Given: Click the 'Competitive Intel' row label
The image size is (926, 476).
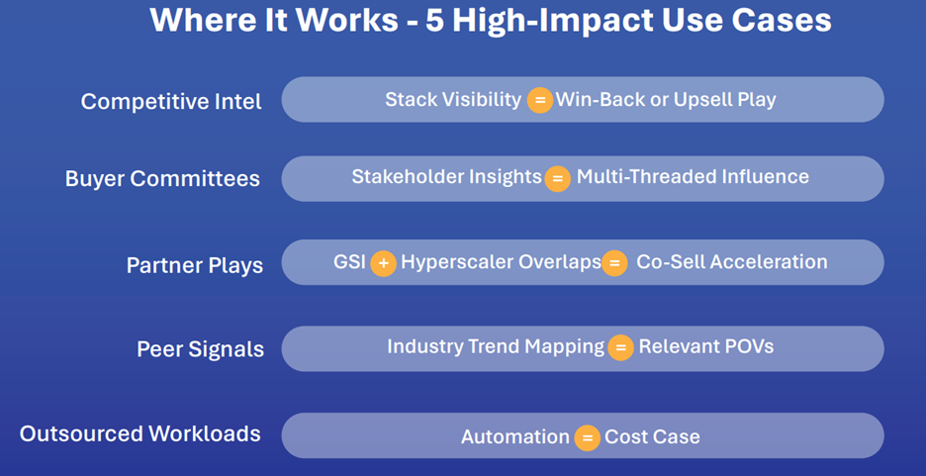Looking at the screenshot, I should [x=171, y=102].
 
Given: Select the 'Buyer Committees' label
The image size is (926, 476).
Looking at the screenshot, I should [x=162, y=179].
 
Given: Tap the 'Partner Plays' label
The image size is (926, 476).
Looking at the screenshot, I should [x=194, y=265].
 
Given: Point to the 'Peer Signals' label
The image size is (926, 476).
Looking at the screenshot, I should [x=200, y=349].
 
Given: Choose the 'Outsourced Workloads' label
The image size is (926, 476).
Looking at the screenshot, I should [x=139, y=433].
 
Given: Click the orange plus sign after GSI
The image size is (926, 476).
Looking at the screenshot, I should [x=383, y=263].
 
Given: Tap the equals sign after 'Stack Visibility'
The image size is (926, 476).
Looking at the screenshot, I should [x=539, y=100].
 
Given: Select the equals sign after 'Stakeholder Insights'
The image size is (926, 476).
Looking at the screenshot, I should [x=557, y=178].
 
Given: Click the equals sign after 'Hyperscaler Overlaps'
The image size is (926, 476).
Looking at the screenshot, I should [x=614, y=263].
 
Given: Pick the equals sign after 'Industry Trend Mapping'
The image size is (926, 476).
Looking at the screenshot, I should [x=619, y=348].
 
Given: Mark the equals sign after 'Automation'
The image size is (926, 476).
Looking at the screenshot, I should [x=587, y=437].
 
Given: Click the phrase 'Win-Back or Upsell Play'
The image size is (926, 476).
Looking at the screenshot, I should [x=666, y=99].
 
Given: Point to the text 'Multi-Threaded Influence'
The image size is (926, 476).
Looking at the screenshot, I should [x=693, y=177].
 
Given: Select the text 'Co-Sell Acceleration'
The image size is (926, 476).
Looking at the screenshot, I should [x=731, y=262].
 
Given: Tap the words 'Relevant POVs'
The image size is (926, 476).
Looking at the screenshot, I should [x=705, y=347].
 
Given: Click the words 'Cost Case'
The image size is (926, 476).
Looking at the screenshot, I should [x=652, y=437].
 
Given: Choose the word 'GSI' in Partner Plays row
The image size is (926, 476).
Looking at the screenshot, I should [x=350, y=262].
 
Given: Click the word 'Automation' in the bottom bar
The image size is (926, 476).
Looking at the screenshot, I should [x=514, y=437].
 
